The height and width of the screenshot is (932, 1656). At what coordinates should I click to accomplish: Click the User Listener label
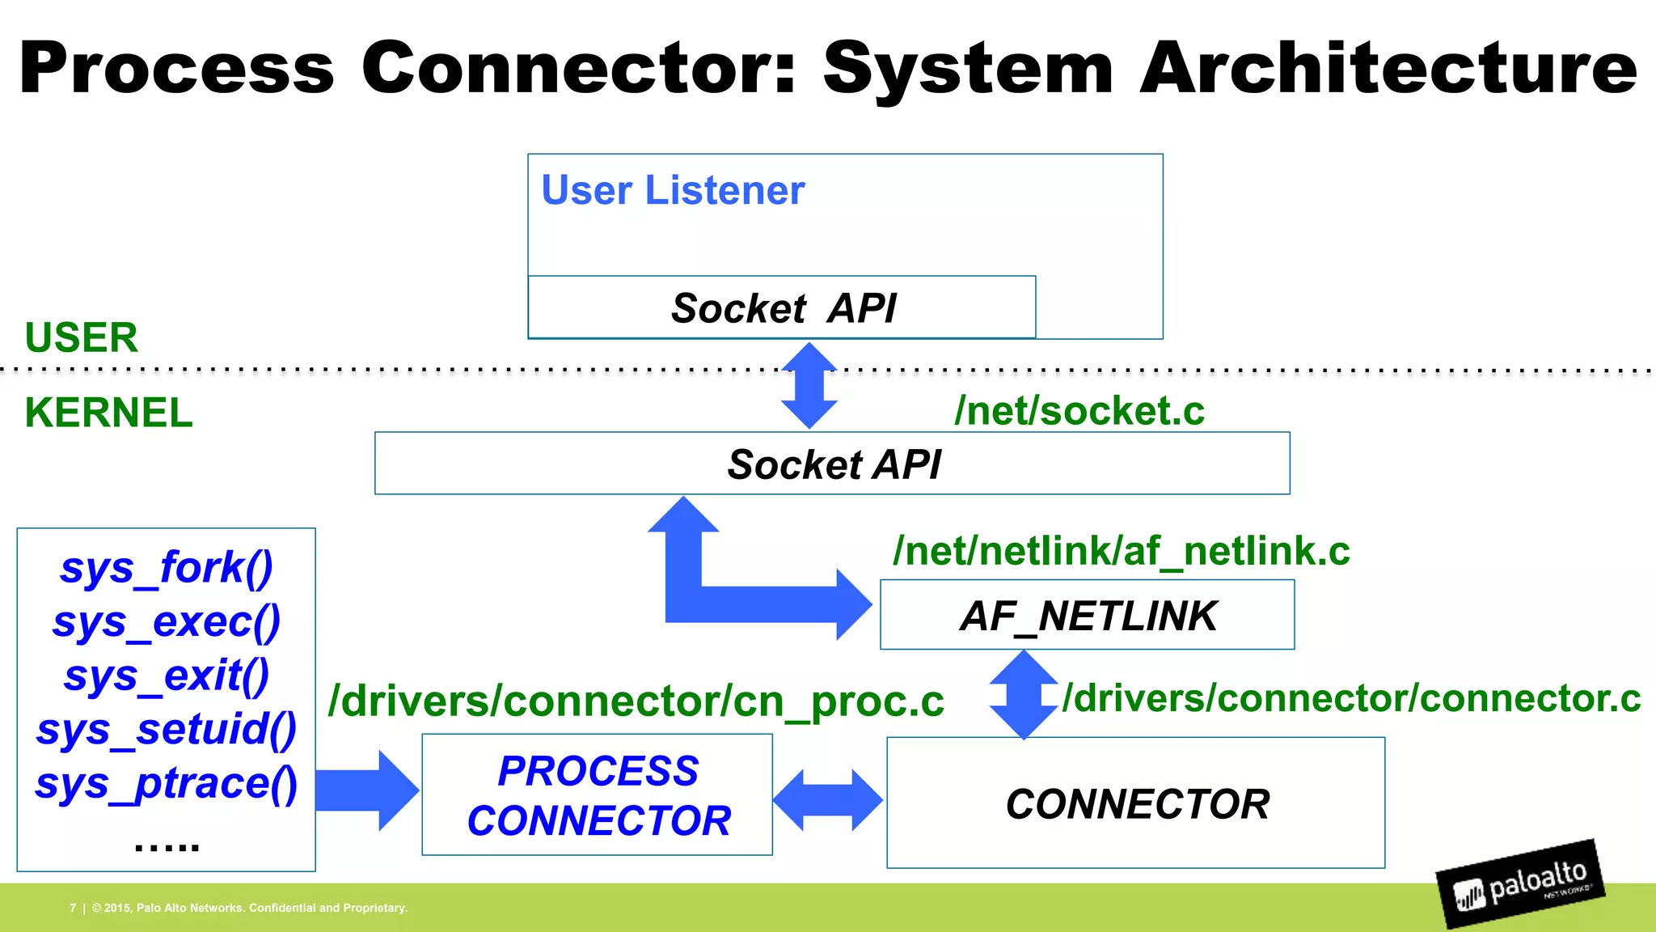click(673, 191)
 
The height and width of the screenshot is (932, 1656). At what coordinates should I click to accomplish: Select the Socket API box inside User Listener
click(782, 307)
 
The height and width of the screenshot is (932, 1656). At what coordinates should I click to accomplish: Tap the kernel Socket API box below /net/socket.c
click(832, 464)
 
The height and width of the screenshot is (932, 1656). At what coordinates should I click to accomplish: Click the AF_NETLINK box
click(1087, 616)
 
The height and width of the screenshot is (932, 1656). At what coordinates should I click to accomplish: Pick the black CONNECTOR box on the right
click(1135, 803)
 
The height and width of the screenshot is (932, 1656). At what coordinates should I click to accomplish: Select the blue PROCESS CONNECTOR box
click(598, 795)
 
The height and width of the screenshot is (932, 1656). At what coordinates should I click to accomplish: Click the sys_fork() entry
click(167, 568)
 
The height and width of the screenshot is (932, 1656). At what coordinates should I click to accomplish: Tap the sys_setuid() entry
click(167, 730)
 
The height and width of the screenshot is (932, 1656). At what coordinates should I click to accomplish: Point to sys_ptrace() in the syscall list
click(167, 784)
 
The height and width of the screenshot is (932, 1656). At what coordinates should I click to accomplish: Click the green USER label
click(81, 337)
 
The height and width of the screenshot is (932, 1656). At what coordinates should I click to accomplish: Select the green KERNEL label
click(108, 413)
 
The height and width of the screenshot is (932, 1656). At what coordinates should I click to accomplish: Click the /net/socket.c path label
click(1079, 411)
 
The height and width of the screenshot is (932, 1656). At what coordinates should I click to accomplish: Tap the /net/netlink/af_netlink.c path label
click(1121, 552)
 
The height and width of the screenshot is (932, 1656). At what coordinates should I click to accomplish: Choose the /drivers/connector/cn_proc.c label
click(636, 701)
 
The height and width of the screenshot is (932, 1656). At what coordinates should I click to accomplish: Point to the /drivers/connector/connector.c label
click(1350, 698)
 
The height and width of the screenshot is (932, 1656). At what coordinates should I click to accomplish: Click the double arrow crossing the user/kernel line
click(809, 386)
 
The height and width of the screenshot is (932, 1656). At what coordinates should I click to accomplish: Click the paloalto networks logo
click(1520, 883)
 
